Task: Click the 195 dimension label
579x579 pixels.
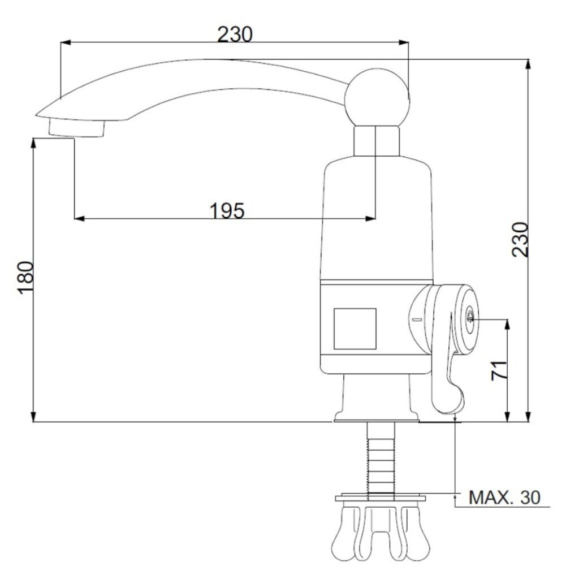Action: point(227,211)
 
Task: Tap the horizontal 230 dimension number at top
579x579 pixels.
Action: point(235,34)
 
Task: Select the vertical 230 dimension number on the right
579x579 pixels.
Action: point(520,239)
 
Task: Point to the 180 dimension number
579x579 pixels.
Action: point(26,278)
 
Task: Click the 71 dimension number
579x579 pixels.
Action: point(499,370)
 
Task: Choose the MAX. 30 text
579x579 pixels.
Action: point(504,498)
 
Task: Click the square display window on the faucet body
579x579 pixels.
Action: point(355,329)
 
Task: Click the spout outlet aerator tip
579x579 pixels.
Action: point(76,129)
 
